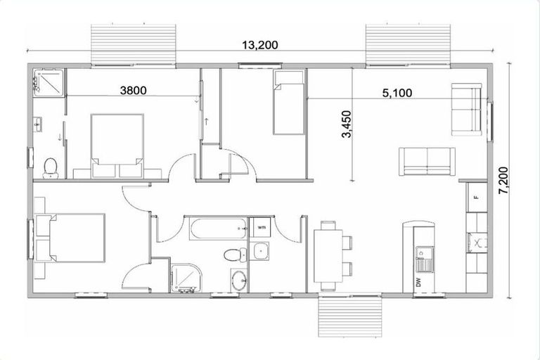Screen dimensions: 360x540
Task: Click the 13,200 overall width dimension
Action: (260, 46)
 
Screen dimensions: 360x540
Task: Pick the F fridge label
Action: (477, 196)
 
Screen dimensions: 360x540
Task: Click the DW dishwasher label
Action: (418, 283)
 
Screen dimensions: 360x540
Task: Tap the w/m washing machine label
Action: (261, 227)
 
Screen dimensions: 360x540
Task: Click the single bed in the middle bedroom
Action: (288, 103)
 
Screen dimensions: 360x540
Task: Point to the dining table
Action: (328, 255)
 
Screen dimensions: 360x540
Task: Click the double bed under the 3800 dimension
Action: (117, 142)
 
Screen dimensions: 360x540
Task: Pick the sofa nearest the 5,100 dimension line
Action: (466, 110)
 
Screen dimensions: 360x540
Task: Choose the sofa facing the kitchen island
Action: (427, 162)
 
